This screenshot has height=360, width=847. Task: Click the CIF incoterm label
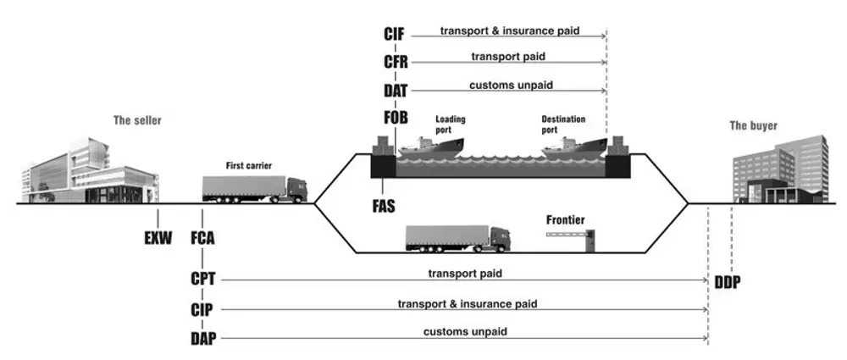point(395,34)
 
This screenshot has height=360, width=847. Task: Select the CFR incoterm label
point(396,62)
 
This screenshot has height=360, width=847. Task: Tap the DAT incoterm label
point(396,91)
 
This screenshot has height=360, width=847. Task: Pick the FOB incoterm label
point(396,117)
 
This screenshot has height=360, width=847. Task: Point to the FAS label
point(384,207)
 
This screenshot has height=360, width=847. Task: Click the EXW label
point(158,238)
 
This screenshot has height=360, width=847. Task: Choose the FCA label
point(202,238)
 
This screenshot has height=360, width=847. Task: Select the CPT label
point(203,280)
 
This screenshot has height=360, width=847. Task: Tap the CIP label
point(202,310)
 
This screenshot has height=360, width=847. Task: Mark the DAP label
point(203,339)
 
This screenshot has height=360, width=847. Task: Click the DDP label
point(728,282)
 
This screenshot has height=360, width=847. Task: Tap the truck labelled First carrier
point(255,189)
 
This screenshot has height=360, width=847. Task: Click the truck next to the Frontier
point(457,239)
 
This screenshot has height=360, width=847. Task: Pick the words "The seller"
point(137,120)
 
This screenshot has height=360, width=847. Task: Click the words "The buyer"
point(754,126)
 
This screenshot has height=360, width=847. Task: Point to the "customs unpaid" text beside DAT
point(511,86)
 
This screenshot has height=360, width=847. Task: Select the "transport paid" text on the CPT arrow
point(465,274)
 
